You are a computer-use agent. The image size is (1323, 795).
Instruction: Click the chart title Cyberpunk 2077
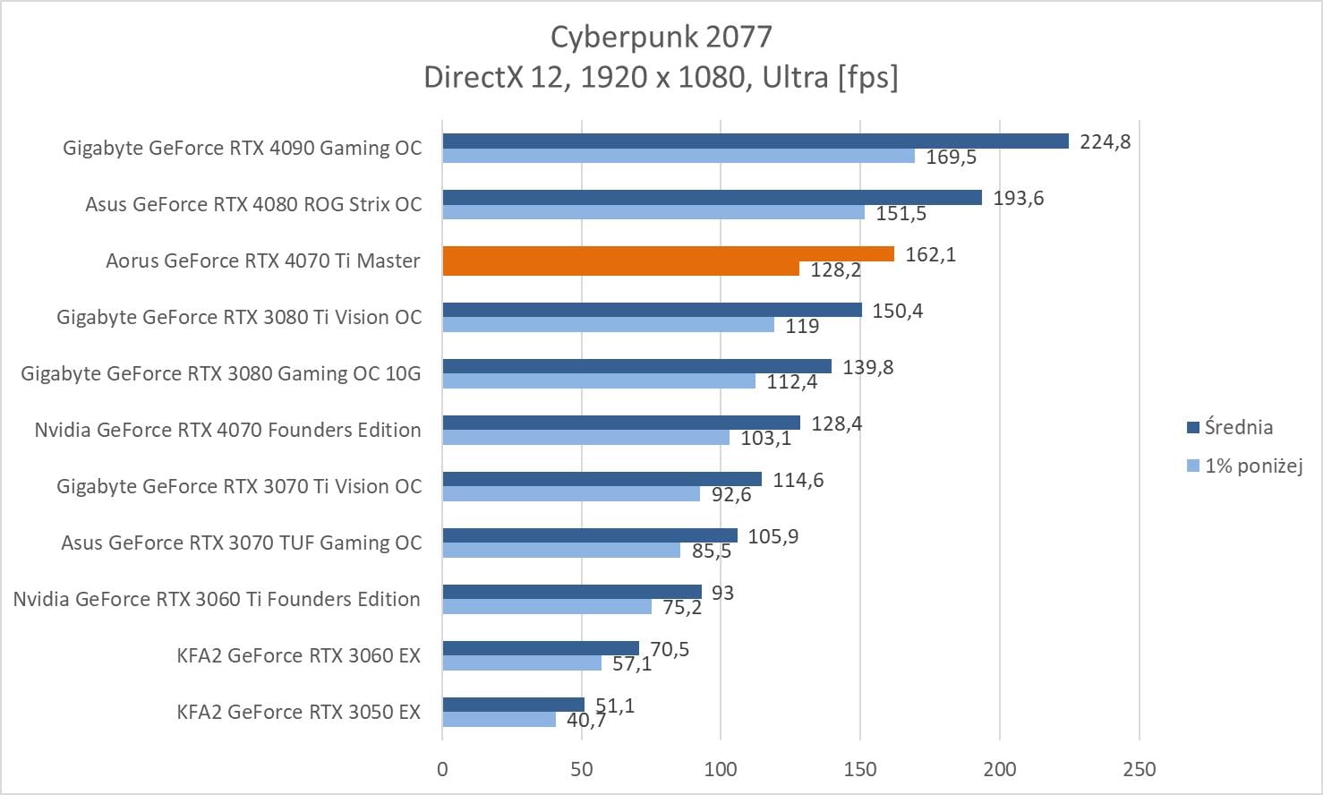coord(661,37)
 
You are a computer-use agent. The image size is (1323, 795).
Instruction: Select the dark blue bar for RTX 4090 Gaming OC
coord(755,141)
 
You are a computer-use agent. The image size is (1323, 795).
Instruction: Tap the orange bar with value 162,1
coord(668,254)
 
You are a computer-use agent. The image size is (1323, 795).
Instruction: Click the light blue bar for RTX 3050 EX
coord(499,719)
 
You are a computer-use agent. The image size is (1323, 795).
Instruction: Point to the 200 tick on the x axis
coord(1000,768)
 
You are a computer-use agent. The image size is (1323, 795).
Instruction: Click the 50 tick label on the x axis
coord(582,768)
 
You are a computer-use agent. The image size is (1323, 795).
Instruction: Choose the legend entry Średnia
coord(1238,427)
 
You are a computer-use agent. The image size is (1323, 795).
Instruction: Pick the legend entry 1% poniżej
coord(1252,466)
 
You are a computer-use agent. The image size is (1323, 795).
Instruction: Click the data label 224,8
coord(1105,141)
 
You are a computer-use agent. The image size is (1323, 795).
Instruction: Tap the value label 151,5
coord(900,213)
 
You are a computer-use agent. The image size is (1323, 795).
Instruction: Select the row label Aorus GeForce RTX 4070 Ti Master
coord(263,261)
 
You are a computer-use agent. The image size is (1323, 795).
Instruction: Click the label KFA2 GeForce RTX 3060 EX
coord(298,655)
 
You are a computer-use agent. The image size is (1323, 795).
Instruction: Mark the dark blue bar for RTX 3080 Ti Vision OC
coord(652,310)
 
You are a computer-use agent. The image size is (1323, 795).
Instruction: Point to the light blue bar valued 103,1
coord(585,438)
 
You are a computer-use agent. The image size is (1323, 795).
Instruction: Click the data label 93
coord(722,593)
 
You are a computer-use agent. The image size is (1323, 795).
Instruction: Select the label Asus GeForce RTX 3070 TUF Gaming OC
coord(241,543)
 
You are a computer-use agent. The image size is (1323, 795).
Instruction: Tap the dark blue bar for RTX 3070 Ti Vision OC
coord(602,479)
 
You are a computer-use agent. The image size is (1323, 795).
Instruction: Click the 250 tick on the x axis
coord(1139,768)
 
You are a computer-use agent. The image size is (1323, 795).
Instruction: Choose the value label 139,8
coord(867,367)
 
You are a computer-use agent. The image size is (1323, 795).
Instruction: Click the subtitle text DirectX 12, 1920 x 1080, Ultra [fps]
coord(661,78)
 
